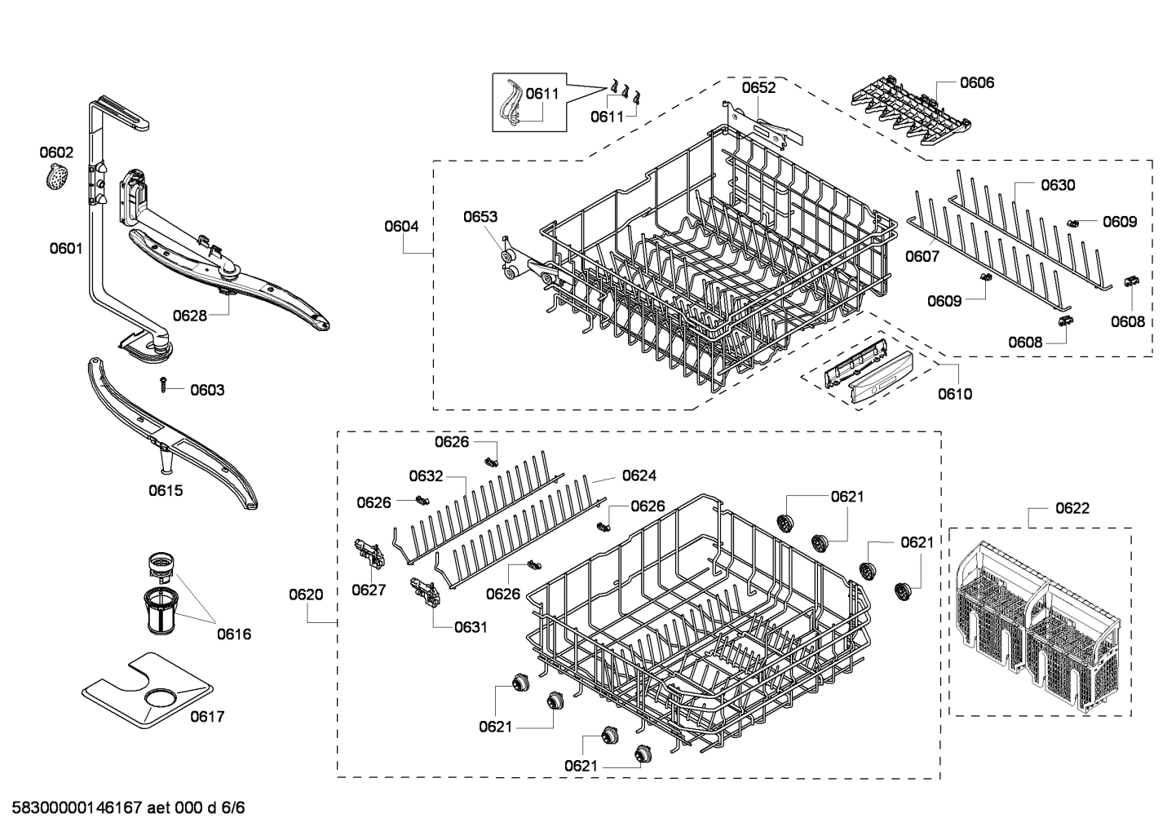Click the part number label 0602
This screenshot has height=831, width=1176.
tap(56, 152)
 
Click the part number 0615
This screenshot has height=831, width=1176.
tap(166, 491)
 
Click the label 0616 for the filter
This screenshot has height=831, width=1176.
tap(234, 634)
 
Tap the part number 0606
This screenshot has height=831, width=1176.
tap(977, 82)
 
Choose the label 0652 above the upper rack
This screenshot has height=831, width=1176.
tap(758, 87)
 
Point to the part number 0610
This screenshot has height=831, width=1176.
tap(954, 394)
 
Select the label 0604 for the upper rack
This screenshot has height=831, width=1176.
tap(402, 226)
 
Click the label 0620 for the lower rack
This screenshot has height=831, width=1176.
tap(306, 595)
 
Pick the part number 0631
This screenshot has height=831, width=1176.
tap(471, 627)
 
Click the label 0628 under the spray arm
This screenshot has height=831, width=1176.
tap(190, 316)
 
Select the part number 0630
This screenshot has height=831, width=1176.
tap(1058, 185)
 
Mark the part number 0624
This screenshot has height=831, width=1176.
tap(639, 475)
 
